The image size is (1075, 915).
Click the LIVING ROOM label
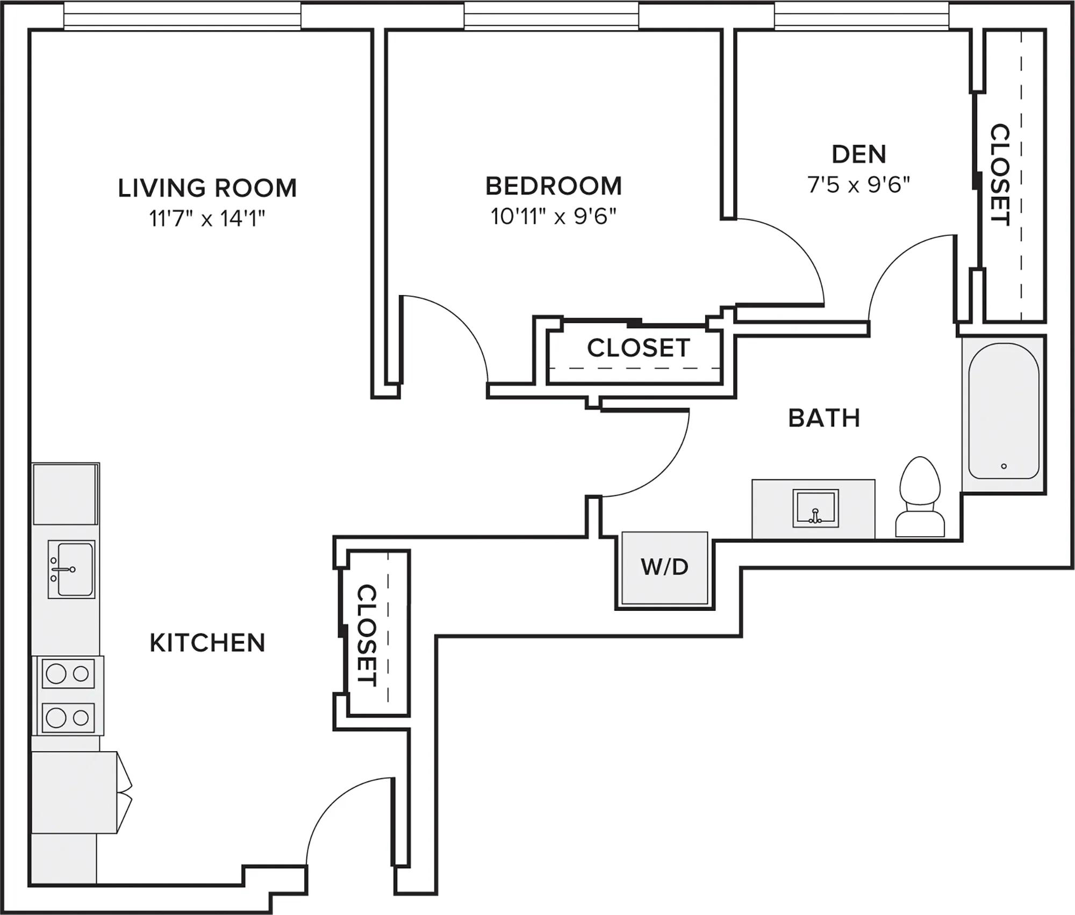point(207,188)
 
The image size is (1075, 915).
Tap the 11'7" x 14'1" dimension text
point(207,219)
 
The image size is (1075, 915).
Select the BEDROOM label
point(554,186)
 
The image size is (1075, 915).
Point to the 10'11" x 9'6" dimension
point(554,217)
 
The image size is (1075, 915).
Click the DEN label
point(859,154)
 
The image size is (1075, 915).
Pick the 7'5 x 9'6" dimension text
point(859,185)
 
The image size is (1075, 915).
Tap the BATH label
point(824,418)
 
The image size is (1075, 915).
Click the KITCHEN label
point(207,643)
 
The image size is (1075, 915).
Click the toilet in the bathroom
point(920,497)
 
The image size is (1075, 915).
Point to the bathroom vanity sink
point(815,508)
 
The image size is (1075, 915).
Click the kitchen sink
point(71,569)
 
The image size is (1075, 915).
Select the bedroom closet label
point(639,348)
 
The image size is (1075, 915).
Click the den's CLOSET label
point(1000,175)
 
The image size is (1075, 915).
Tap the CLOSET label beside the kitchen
point(367,635)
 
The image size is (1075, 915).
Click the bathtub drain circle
point(1004,466)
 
